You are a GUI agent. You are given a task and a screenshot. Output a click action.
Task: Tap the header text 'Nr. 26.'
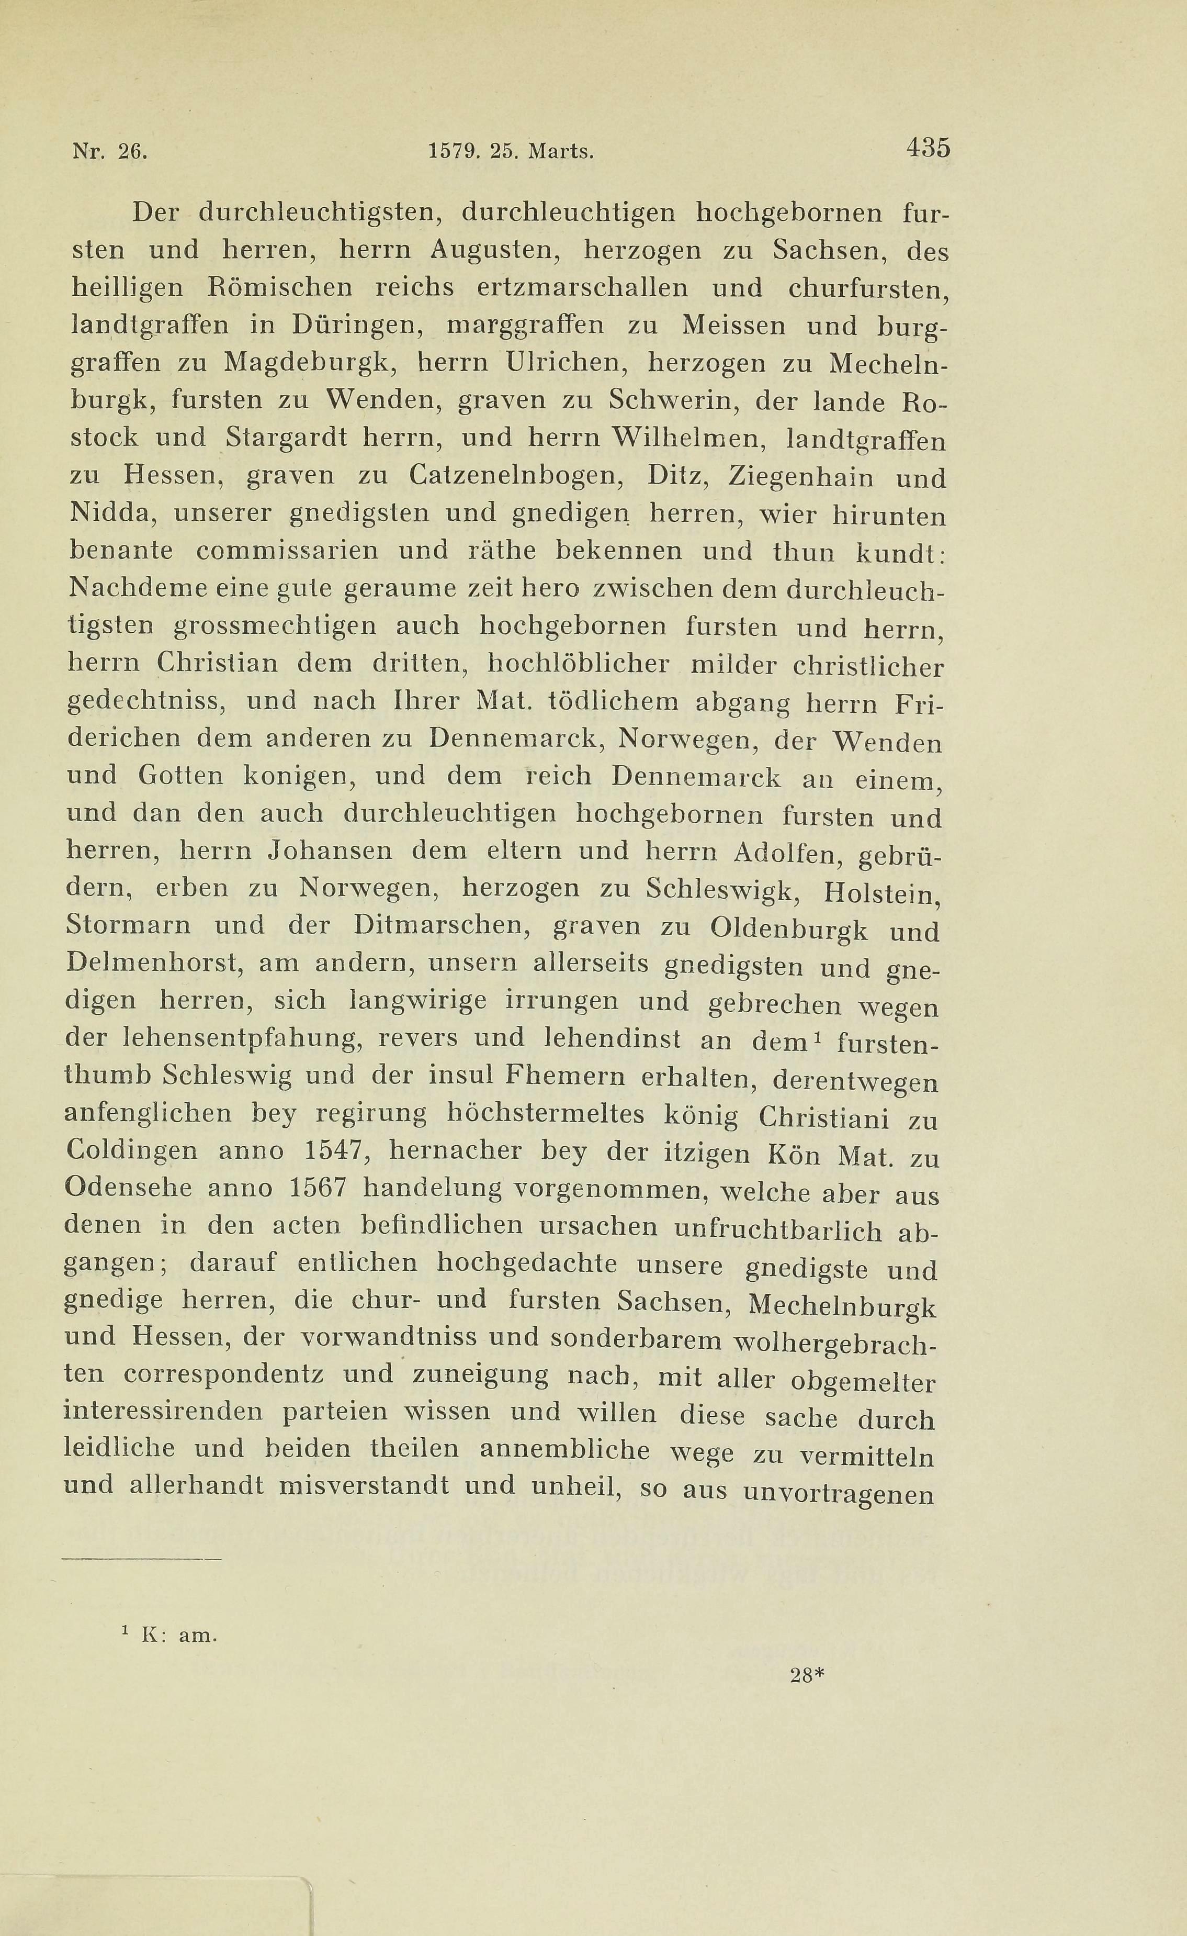109,151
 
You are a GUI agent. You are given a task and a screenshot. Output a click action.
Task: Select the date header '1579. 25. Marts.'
511,151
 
